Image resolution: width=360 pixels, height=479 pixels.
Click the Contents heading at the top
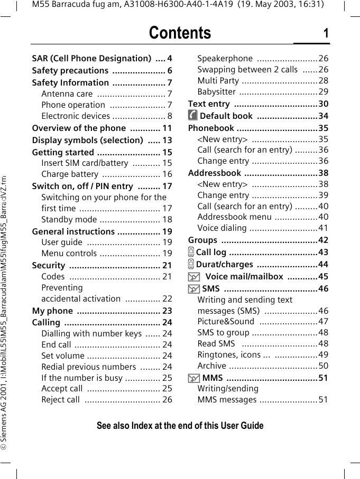180,33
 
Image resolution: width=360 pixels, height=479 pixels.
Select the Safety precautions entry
70,71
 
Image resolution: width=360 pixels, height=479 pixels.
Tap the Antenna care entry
67,94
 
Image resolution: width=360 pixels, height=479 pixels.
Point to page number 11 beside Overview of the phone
167,128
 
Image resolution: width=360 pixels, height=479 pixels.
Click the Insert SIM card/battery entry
85,163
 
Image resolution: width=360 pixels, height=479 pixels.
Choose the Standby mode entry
69,220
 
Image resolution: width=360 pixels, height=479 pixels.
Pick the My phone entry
52,311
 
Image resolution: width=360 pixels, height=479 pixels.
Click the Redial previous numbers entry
89,367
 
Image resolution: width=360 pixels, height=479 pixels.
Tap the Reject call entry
61,400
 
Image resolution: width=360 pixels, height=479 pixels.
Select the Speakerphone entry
225,59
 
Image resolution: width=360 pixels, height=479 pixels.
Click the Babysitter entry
217,92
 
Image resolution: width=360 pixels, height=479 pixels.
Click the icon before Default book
193,116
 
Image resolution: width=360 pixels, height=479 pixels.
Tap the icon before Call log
191,252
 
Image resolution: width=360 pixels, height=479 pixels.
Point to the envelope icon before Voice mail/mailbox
193,277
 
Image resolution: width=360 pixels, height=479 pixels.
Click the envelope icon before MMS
193,378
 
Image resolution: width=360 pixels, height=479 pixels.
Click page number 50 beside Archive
323,366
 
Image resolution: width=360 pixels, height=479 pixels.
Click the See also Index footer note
180,426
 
